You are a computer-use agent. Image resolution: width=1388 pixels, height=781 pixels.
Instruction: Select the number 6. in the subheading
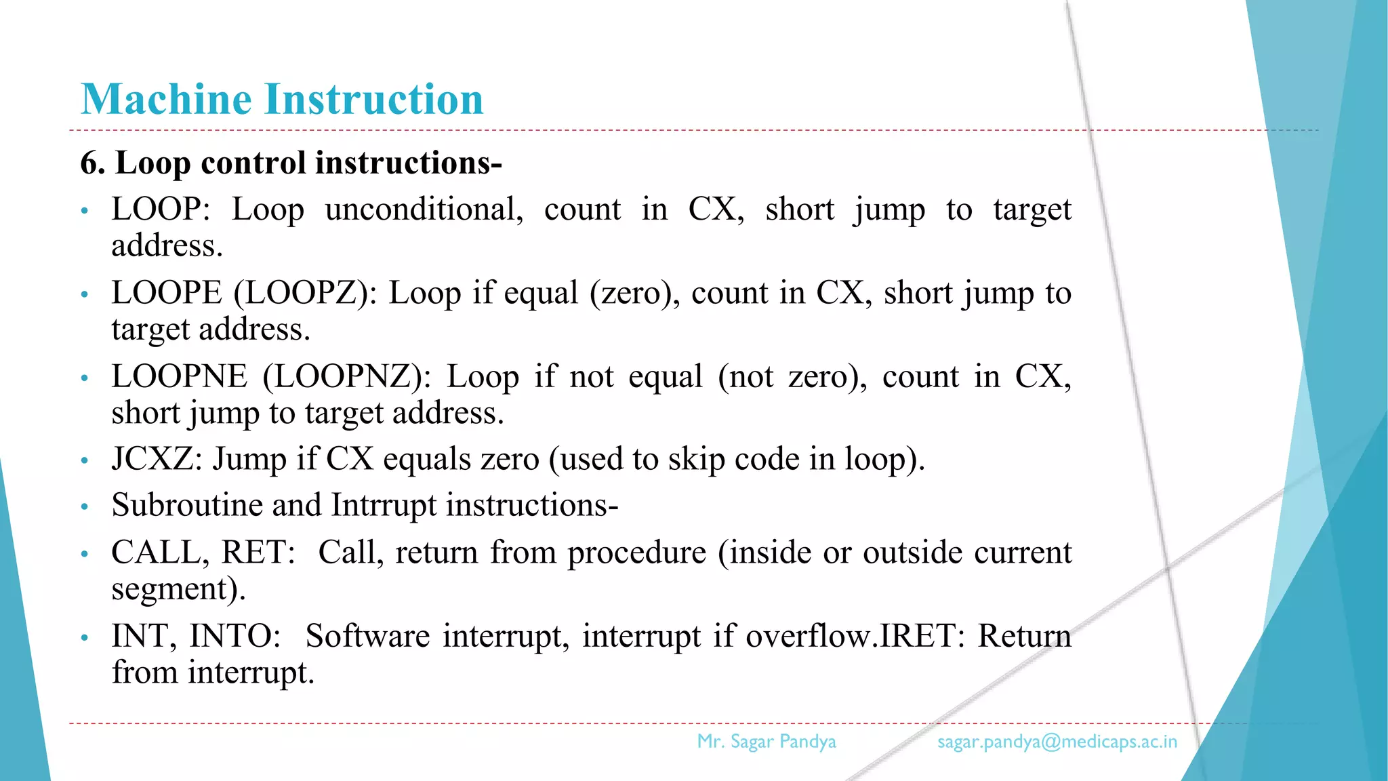coord(93,163)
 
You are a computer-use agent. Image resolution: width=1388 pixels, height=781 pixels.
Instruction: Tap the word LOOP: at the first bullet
coord(161,209)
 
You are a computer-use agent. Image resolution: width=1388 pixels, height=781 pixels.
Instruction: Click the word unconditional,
coord(424,209)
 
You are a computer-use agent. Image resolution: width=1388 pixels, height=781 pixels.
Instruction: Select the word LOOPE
coord(167,294)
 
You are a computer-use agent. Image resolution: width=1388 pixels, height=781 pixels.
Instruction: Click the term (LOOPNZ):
coord(346,377)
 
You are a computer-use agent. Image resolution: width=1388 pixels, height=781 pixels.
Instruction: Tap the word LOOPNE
coord(180,377)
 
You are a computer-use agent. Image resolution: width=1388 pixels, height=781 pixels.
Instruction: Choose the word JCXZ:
coord(157,459)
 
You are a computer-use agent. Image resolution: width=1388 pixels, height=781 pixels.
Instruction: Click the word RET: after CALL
coord(258,553)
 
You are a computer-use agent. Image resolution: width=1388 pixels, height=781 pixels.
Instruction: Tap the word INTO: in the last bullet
coord(234,637)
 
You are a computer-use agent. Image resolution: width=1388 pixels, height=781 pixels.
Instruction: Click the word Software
coord(367,637)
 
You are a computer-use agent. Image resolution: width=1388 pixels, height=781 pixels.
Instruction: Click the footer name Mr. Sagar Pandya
coord(767,742)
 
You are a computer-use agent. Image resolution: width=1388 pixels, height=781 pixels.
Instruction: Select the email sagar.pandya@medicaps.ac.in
coord(1057,742)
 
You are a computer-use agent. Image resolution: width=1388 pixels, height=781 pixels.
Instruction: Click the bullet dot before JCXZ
coord(85,462)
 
